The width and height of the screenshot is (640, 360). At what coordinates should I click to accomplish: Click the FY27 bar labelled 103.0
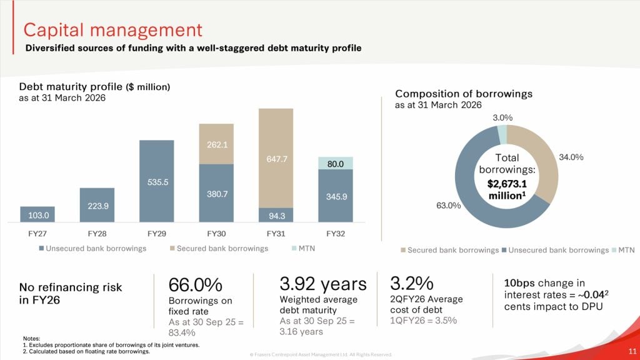(37, 214)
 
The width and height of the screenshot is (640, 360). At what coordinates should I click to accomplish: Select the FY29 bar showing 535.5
(156, 181)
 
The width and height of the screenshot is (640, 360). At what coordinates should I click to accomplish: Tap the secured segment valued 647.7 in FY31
(276, 159)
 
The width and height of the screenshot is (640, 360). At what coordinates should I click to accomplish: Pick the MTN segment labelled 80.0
(336, 164)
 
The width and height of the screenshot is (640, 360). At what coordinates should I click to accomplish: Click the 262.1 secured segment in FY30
(216, 144)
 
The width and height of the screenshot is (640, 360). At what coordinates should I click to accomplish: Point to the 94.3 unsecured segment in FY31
(276, 216)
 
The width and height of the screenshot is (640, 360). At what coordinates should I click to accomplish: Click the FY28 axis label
(97, 234)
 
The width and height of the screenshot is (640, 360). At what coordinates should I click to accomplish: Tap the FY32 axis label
(336, 234)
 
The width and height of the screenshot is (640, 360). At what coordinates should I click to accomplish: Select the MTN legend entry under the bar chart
(302, 249)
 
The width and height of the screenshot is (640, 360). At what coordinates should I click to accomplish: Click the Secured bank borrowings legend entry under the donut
(449, 250)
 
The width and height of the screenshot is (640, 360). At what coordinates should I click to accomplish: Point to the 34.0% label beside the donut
(571, 157)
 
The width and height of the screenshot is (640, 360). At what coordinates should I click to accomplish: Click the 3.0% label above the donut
(502, 117)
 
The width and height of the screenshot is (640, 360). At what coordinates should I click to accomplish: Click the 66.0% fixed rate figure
(196, 285)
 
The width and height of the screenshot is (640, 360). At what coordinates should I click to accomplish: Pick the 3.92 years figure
(323, 284)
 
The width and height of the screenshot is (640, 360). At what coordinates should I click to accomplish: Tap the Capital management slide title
(112, 30)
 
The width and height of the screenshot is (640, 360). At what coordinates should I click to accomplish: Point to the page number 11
(632, 351)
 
